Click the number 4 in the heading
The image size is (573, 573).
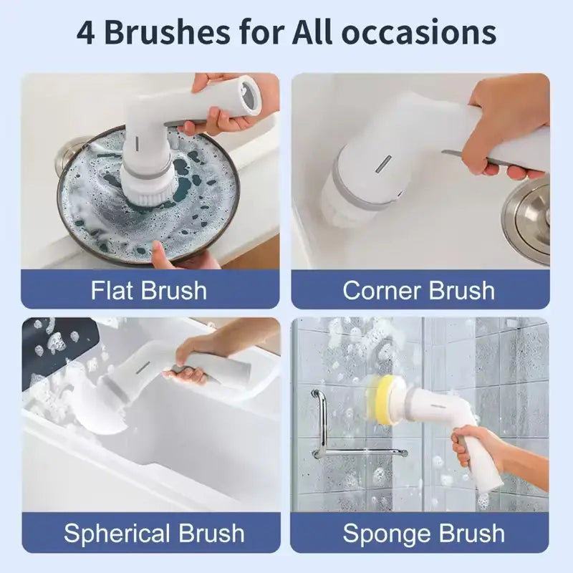coord(85,33)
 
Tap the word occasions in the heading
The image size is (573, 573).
coord(419,33)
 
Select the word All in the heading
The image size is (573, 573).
coord(312,32)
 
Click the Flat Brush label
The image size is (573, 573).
coord(149,290)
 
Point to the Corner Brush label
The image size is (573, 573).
coord(419,290)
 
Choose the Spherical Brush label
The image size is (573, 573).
coord(154,533)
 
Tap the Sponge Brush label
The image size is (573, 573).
coord(424,533)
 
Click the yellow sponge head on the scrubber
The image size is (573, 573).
coord(382,401)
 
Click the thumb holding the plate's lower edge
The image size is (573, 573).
coord(160,253)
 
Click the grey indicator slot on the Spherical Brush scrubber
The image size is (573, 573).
coord(143,367)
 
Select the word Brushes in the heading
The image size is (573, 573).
coord(167,32)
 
